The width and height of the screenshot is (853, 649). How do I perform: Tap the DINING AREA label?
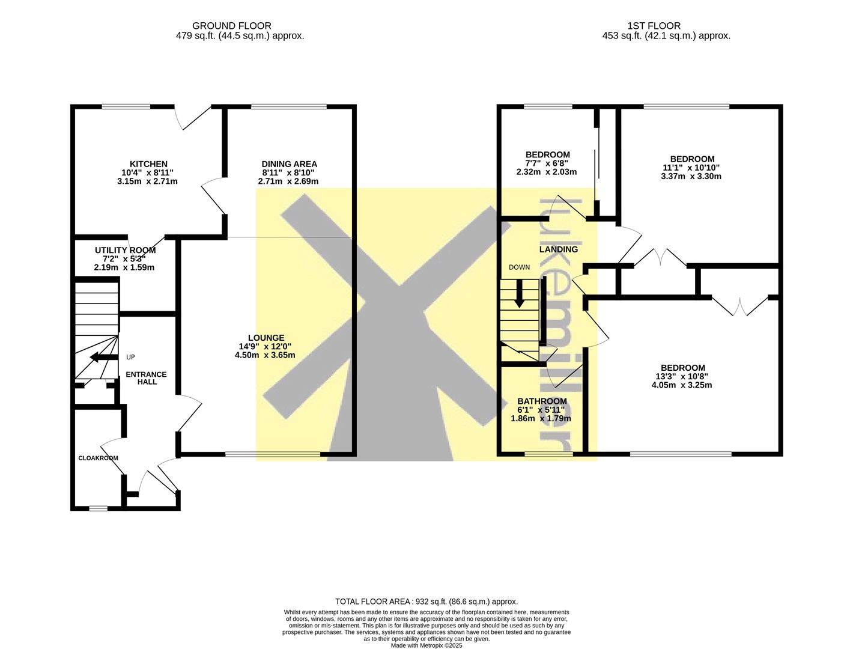[289, 164]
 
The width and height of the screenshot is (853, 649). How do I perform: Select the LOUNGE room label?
[266, 338]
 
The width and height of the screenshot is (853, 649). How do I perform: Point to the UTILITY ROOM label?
[125, 250]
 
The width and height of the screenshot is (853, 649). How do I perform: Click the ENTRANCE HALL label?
[146, 378]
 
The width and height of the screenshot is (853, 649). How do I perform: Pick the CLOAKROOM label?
[98, 458]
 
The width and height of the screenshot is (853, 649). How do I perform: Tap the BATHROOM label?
[542, 401]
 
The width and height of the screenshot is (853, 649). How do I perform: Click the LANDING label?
[558, 249]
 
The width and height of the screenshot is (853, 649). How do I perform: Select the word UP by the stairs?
[130, 357]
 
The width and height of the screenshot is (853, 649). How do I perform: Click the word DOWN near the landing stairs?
[519, 267]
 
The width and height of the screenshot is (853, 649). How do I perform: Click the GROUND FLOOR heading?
[232, 26]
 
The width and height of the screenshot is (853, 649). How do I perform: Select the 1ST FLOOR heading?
[654, 26]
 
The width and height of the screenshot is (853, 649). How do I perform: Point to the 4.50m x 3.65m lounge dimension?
[265, 355]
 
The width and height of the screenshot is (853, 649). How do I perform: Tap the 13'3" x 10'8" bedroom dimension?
[683, 376]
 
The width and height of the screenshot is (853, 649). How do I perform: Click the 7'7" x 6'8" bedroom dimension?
[547, 163]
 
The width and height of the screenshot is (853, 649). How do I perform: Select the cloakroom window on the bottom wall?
[99, 508]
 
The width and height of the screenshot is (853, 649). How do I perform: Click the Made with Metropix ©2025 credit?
[426, 645]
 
